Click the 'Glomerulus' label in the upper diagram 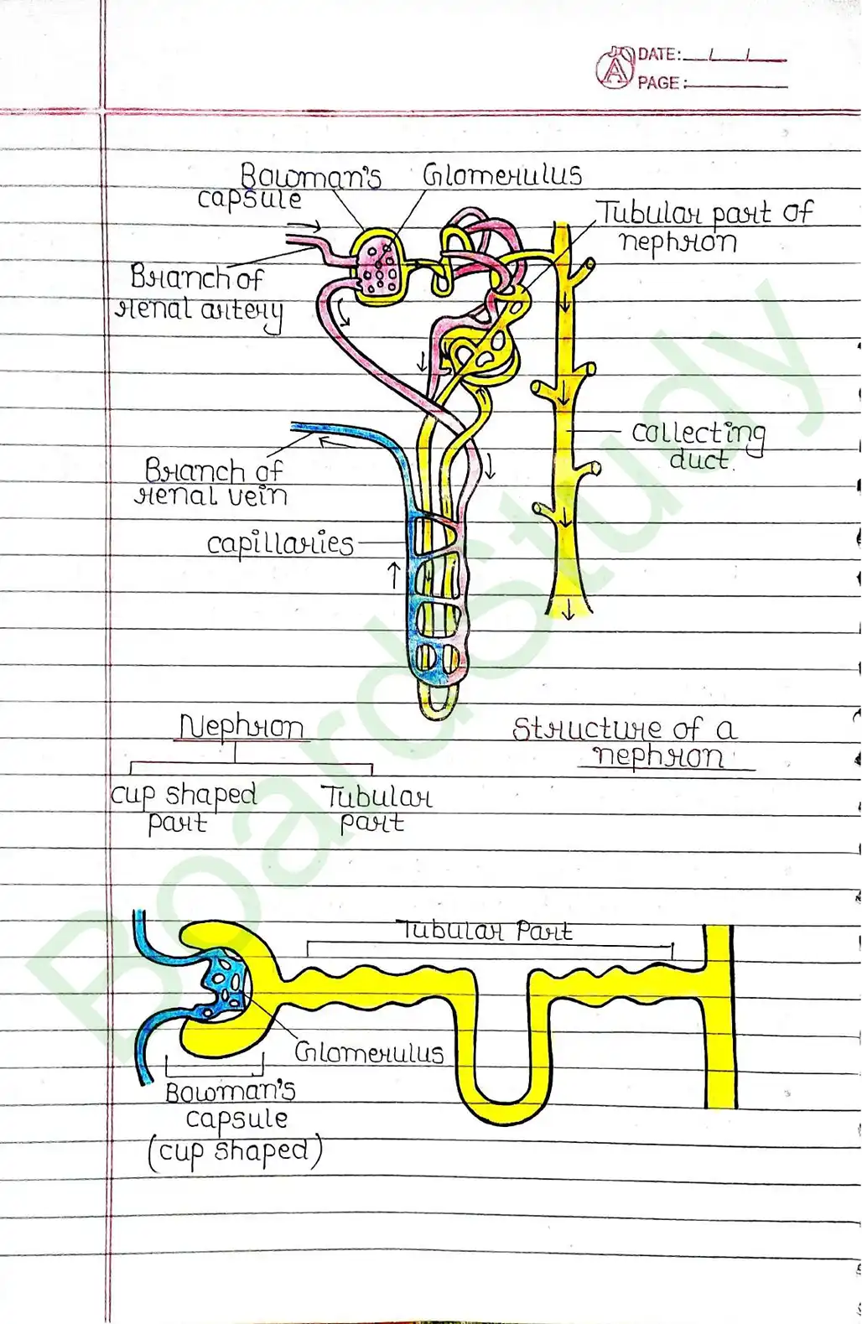point(501,175)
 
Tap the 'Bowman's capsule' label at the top point(289,187)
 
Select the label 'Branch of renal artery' point(198,293)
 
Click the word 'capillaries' point(280,544)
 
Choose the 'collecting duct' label point(698,445)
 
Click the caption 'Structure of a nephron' point(626,741)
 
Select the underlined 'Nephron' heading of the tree point(241,727)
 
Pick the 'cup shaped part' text point(183,807)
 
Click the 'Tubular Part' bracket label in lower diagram point(485,931)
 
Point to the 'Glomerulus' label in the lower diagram point(369,1052)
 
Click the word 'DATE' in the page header point(657,55)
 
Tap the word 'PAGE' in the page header point(657,83)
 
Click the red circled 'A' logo point(615,70)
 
